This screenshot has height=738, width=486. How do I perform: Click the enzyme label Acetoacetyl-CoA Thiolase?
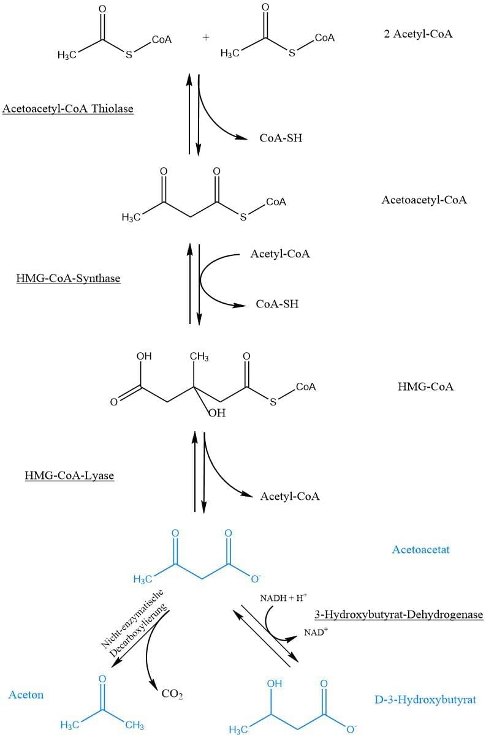(68, 109)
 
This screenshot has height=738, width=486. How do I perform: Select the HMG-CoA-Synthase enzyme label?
(68, 279)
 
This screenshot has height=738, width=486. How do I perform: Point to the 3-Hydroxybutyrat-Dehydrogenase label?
(398, 614)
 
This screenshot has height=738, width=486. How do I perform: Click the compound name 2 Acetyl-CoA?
(418, 34)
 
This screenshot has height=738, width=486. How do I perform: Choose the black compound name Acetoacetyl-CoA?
(423, 200)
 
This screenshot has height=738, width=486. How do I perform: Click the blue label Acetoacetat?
(420, 549)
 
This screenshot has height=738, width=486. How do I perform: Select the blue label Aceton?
(26, 695)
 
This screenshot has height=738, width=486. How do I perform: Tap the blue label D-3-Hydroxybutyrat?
(425, 699)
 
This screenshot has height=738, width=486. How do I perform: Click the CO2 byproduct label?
(172, 695)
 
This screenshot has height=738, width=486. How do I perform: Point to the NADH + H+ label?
(283, 598)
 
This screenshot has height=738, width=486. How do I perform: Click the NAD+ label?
(316, 631)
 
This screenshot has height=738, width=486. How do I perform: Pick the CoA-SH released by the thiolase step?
(281, 138)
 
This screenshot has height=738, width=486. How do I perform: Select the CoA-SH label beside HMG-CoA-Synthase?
(277, 304)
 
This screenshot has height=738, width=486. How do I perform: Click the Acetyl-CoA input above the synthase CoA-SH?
(280, 254)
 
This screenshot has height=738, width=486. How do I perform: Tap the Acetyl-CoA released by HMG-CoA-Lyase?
(290, 496)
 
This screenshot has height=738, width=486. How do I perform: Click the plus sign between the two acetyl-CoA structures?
(205, 37)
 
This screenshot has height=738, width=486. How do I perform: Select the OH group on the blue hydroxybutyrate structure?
(274, 683)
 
